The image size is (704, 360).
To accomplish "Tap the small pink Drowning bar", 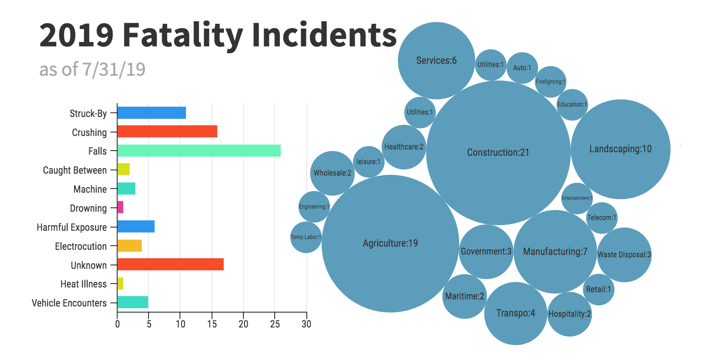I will [121, 207].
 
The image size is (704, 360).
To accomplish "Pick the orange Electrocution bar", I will [130, 246].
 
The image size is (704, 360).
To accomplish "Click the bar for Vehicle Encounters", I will [133, 302].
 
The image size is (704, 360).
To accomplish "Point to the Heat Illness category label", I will [83, 284].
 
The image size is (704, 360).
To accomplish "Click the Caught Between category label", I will [75, 170].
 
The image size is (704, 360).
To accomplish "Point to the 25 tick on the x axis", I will [275, 324].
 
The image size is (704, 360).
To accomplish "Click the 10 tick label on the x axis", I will [180, 324].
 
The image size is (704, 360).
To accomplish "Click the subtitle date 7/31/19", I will [114, 69].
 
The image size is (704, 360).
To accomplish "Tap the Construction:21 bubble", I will [498, 153].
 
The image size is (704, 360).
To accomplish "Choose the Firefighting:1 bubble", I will [550, 82].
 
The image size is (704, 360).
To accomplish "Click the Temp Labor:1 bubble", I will [306, 237].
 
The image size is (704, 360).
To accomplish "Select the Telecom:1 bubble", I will [601, 218].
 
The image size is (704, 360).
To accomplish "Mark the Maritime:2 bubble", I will [464, 296].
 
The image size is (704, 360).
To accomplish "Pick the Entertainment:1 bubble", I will [577, 198].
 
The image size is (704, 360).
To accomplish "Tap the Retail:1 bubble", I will [598, 289].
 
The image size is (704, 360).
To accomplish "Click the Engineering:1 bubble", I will [314, 207].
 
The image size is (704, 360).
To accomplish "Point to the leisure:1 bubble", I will [369, 162].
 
